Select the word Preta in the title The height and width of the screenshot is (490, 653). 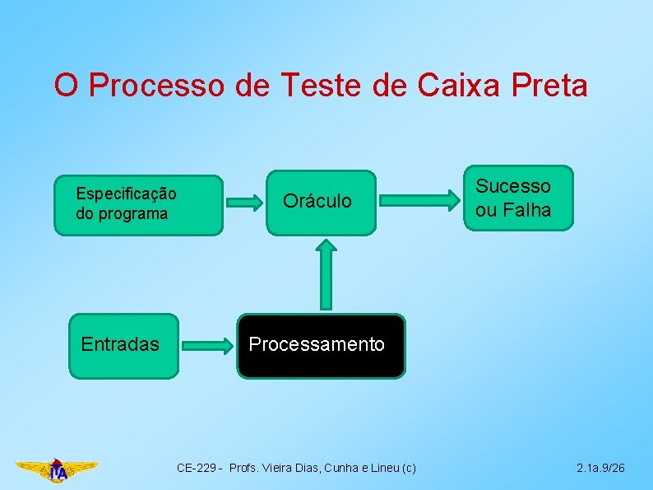point(549,85)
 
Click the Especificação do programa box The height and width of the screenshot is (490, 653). point(138,205)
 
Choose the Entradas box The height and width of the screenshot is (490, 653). point(123,345)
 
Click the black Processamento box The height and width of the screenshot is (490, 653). point(322,345)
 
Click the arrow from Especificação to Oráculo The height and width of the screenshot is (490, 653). point(243,202)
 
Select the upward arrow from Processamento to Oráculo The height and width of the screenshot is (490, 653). point(327,275)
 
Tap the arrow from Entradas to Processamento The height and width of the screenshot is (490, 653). point(208,346)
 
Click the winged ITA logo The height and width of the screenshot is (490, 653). point(58,470)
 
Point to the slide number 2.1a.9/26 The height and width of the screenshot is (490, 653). point(600,469)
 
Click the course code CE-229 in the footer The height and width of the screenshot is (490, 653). point(198,469)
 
